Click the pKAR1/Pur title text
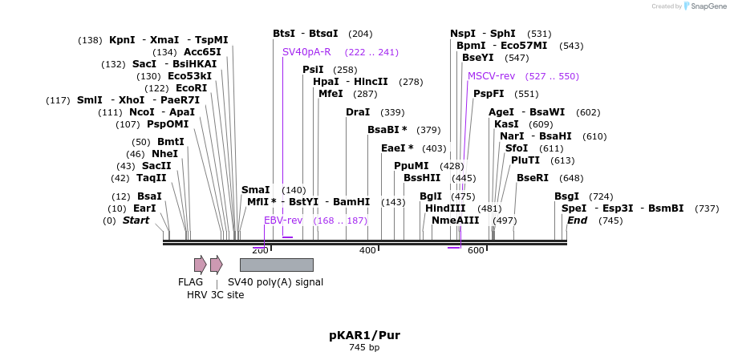click(364, 335)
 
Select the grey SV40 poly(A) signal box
click(276, 265)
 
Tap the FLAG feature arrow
click(200, 265)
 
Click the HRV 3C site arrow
click(216, 265)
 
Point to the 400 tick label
click(367, 251)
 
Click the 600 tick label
click(476, 251)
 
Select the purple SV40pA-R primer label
click(306, 52)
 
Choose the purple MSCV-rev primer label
click(491, 76)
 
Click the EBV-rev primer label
click(283, 220)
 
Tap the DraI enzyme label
click(358, 112)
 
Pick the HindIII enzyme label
click(445, 208)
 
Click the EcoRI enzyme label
click(191, 88)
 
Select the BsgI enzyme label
click(566, 196)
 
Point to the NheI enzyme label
click(164, 154)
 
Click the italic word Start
click(136, 220)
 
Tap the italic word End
click(577, 220)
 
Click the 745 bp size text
click(364, 348)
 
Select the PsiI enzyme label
click(313, 70)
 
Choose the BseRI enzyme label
click(533, 178)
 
